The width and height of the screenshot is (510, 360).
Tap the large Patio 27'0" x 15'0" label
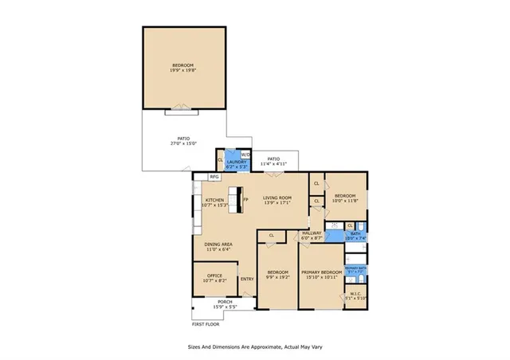point(182,141)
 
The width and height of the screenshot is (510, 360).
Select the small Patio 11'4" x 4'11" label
point(273,162)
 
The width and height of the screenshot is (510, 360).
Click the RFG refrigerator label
point(214,177)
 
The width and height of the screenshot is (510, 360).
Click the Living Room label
point(278,200)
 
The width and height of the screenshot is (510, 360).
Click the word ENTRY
point(247,279)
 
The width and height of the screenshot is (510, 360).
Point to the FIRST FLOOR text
point(206,324)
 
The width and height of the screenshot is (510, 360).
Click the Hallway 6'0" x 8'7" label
point(311,236)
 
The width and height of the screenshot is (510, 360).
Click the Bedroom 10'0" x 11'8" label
point(345,198)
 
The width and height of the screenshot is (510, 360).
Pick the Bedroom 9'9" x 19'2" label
point(277,274)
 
